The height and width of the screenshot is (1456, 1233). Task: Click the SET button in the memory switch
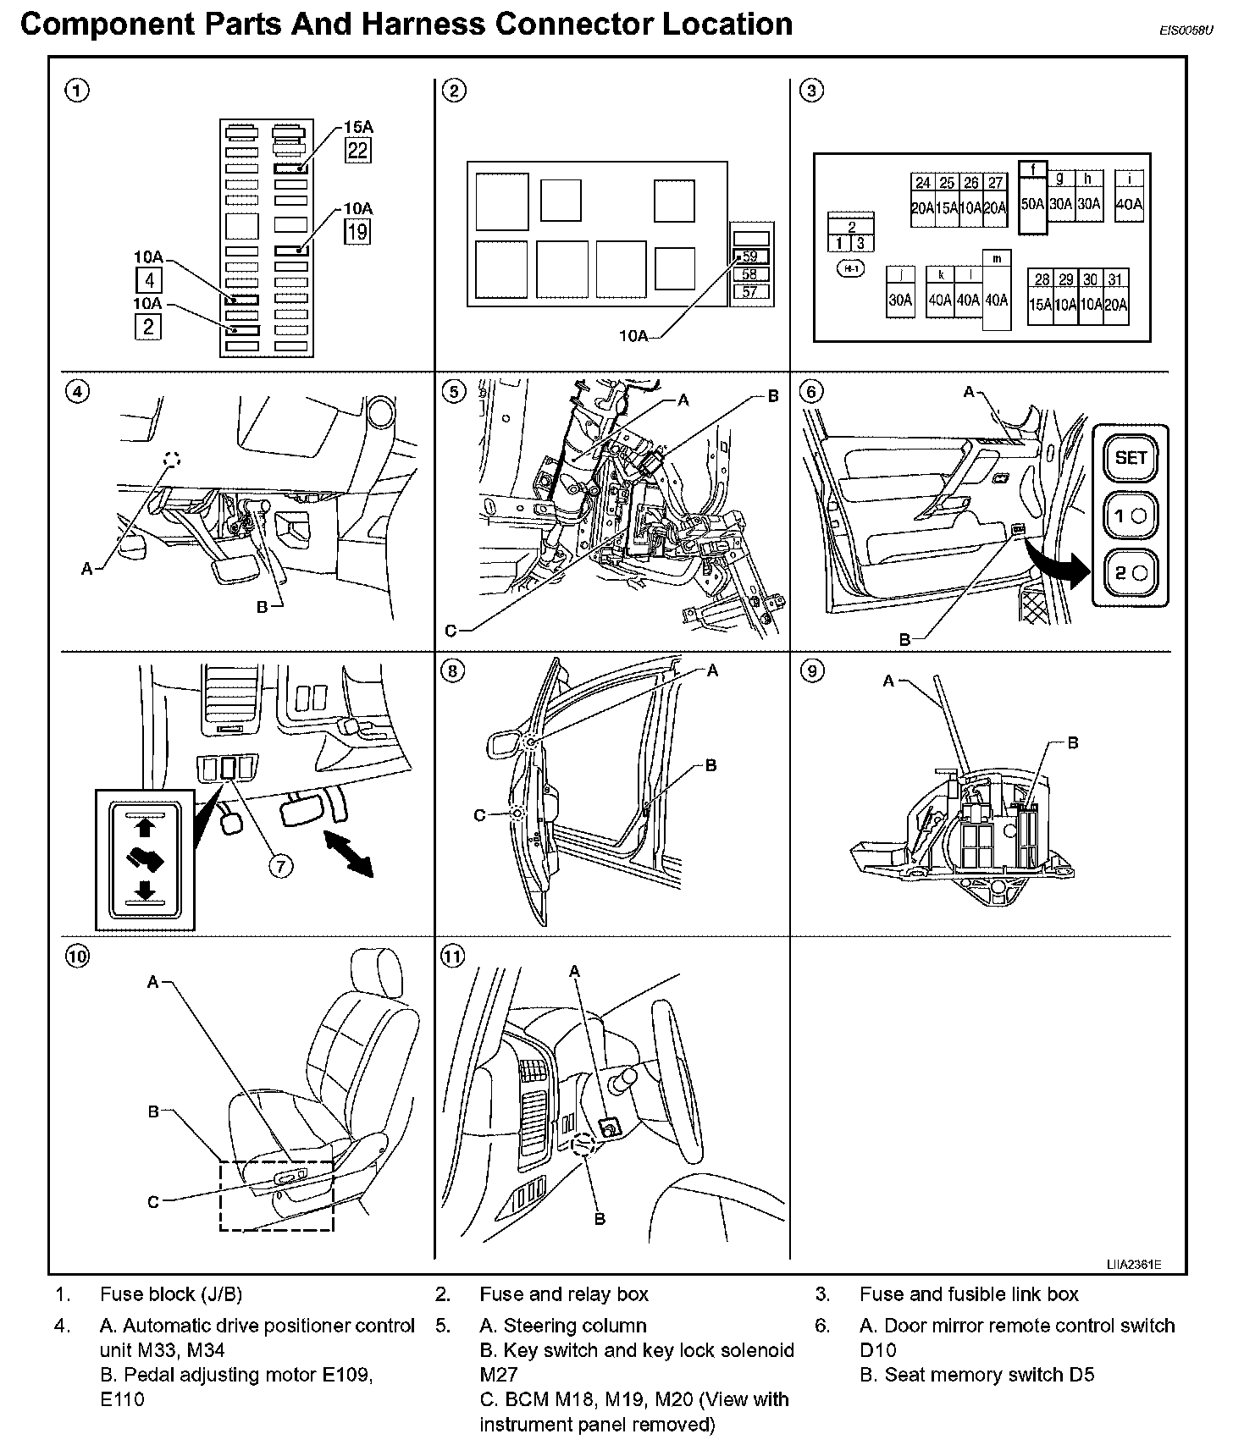point(1131,459)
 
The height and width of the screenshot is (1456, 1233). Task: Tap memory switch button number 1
point(1131,516)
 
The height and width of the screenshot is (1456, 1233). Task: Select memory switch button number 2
point(1131,573)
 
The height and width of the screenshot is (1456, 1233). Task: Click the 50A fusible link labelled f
point(1032,197)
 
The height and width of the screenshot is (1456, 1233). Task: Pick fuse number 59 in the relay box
point(749,256)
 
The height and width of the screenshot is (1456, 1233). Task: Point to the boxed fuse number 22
point(357,150)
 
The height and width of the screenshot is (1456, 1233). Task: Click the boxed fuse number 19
point(357,231)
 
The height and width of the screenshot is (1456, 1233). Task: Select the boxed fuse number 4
point(148,279)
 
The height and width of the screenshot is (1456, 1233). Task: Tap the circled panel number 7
point(281,865)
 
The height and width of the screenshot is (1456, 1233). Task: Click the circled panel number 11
point(453,957)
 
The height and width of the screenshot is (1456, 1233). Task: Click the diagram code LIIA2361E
point(1133,1265)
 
